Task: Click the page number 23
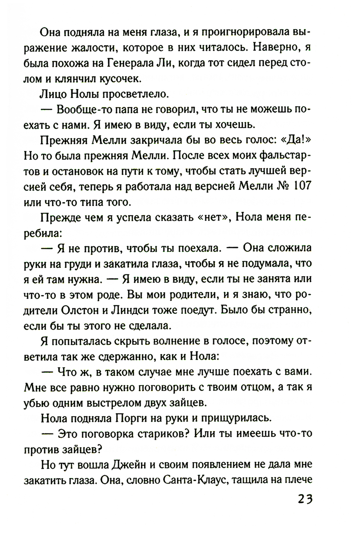[x=305, y=501]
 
